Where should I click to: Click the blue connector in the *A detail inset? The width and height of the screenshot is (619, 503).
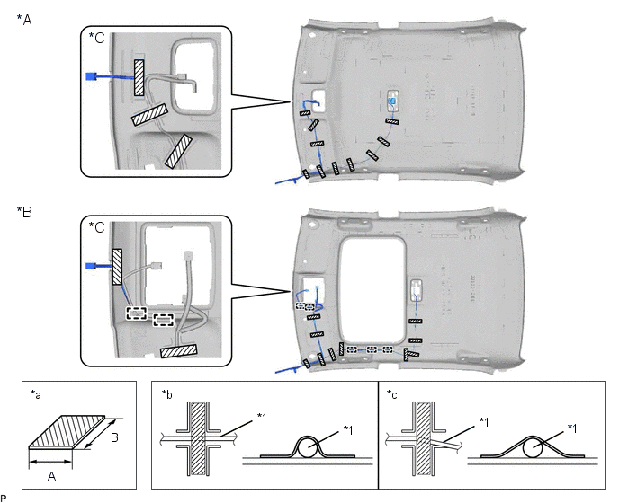pyautogui.click(x=90, y=76)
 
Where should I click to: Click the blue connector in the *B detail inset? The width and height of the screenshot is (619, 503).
pyautogui.click(x=90, y=265)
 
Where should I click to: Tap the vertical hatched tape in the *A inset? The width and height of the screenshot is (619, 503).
pyautogui.click(x=139, y=78)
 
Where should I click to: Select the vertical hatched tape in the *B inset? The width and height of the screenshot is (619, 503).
pyautogui.click(x=117, y=267)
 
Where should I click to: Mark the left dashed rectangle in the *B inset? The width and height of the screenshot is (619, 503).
pyautogui.click(x=137, y=313)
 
